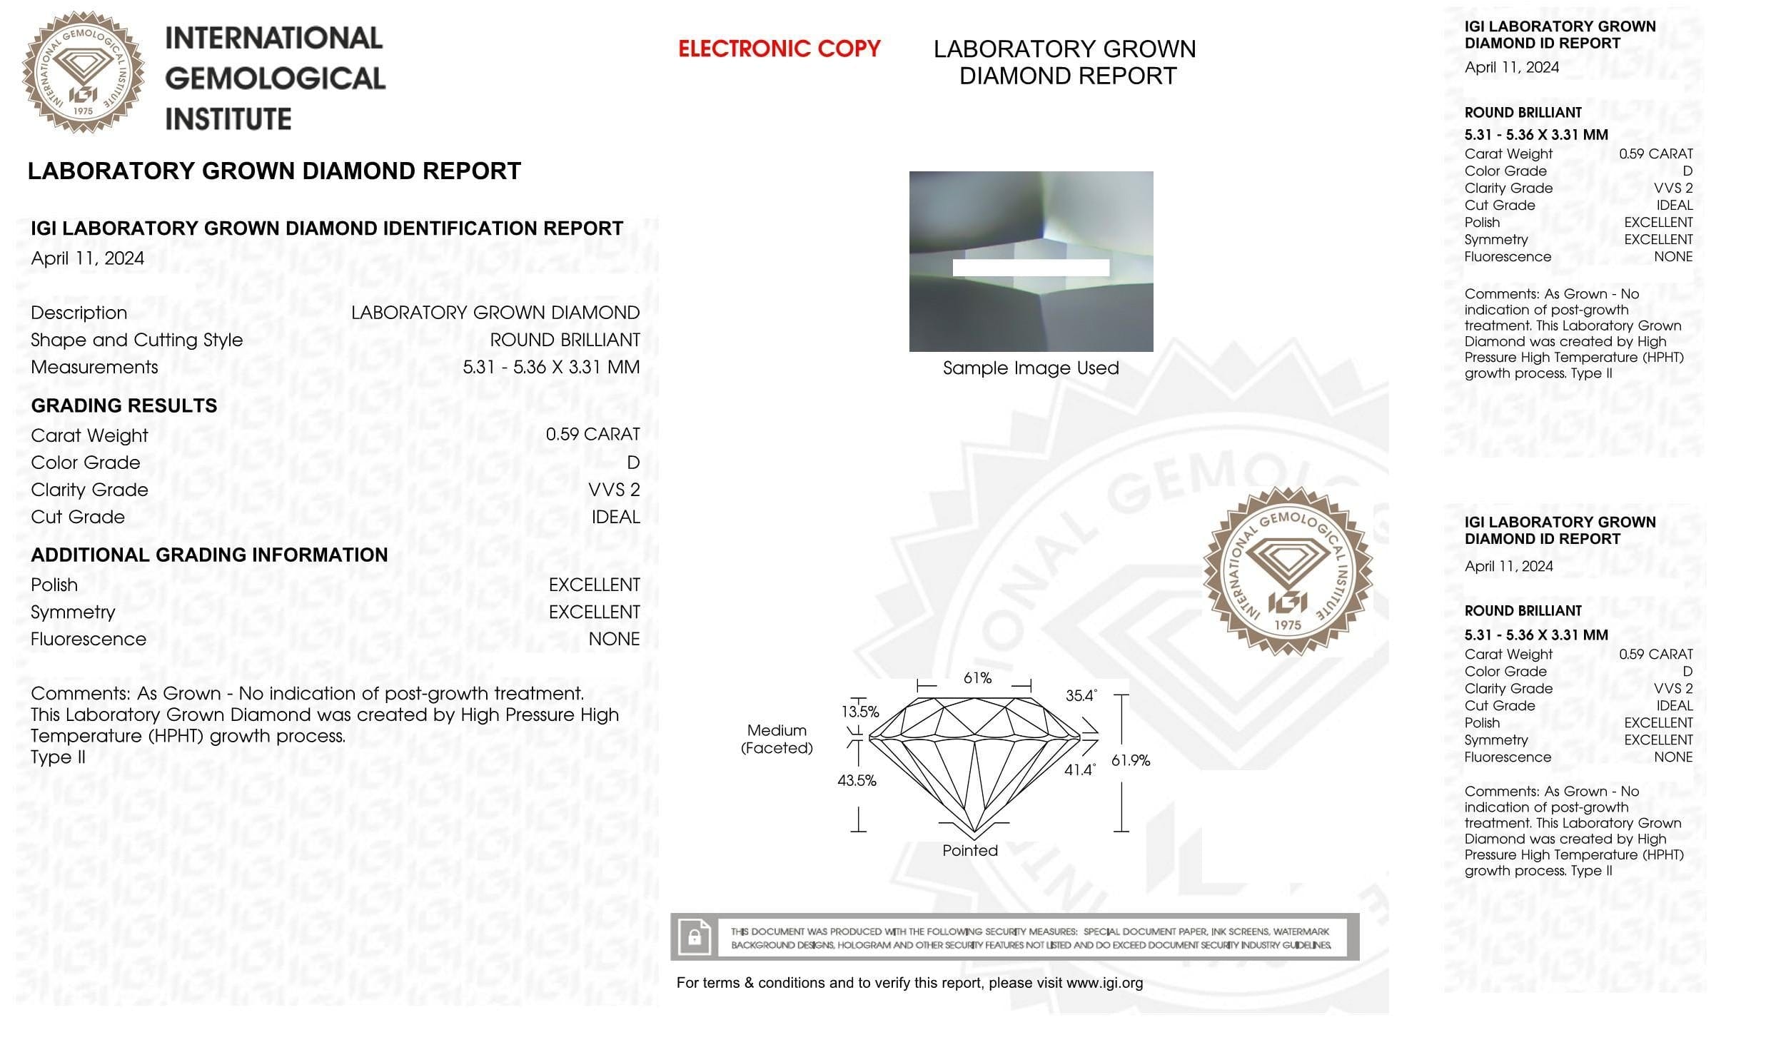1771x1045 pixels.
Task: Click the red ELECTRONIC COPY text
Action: point(779,49)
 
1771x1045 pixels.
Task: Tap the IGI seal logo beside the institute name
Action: point(83,72)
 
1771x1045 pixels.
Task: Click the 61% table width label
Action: point(977,678)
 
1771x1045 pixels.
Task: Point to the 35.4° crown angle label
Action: point(1081,695)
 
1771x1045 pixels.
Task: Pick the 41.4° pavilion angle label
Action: point(1079,770)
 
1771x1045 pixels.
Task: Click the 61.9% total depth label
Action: point(1131,761)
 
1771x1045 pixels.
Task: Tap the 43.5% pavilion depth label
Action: point(857,781)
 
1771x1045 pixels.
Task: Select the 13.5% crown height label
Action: point(860,712)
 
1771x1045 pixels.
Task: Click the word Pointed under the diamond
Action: point(970,850)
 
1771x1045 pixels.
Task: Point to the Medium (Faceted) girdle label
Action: point(777,739)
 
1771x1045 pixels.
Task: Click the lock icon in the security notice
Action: point(694,937)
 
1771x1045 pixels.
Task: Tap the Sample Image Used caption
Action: point(1031,368)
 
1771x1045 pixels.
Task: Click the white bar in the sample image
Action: point(1031,268)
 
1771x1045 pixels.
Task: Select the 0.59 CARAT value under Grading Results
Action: point(592,435)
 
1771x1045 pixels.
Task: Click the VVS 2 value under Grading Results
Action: point(614,490)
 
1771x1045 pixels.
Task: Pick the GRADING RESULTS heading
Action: point(124,405)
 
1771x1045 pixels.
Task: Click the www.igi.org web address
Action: point(1104,983)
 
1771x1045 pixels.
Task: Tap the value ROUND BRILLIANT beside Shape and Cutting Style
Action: point(565,340)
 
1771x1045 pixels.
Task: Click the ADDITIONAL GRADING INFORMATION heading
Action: point(209,555)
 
